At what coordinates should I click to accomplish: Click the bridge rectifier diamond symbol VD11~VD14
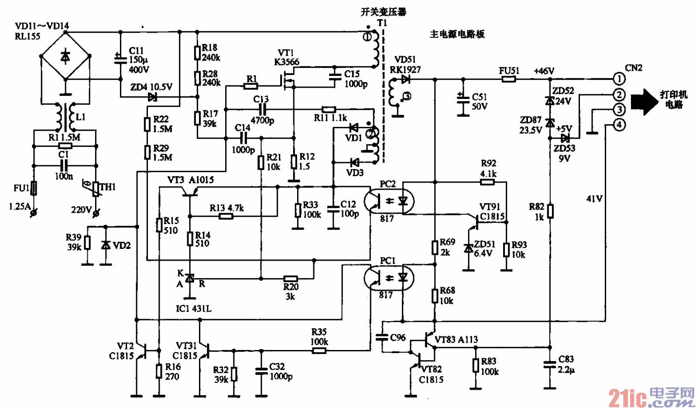[65, 56]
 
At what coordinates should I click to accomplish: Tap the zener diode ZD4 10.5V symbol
[152, 97]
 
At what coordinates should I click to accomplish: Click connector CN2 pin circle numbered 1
[619, 79]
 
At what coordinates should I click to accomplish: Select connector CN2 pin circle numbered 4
[619, 125]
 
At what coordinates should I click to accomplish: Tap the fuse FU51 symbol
[508, 79]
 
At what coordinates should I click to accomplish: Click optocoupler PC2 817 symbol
[389, 201]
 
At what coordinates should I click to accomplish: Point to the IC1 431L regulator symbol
[190, 278]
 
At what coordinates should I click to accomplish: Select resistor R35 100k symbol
[319, 350]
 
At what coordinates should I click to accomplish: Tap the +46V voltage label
[544, 71]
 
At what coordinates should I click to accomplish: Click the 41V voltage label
[594, 199]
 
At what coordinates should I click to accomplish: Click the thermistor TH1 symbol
[96, 189]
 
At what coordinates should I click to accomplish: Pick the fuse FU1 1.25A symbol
[34, 188]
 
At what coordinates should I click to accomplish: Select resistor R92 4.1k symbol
[487, 182]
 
